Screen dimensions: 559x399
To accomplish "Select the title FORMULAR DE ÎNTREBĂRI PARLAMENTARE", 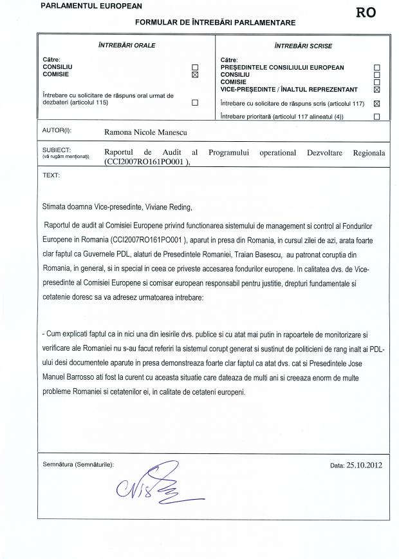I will (215, 23).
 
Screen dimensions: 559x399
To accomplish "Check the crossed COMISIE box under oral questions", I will (195, 75).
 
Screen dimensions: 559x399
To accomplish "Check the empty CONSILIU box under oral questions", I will (195, 67).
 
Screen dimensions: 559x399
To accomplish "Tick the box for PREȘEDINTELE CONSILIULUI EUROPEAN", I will (377, 67).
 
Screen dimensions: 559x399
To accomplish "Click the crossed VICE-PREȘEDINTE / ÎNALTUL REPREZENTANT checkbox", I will (377, 90).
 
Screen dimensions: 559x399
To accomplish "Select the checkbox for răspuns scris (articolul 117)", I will (377, 103).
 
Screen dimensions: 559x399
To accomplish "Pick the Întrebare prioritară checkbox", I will (377, 117).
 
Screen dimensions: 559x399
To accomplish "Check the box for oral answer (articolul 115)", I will (195, 102).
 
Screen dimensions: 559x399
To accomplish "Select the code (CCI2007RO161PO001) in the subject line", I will (147, 163).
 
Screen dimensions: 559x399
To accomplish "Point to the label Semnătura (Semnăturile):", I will (78, 464).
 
